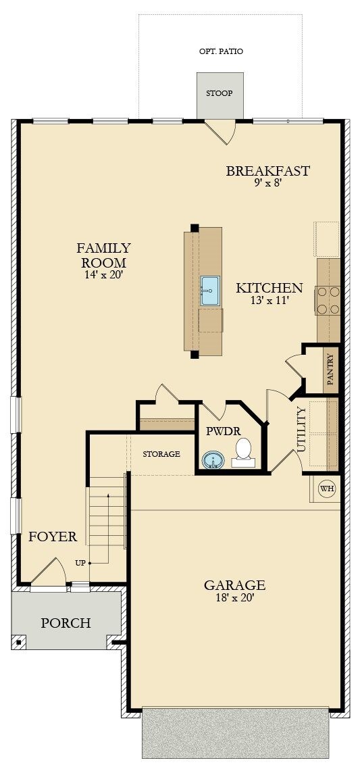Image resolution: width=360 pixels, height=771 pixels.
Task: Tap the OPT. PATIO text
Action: tap(221, 51)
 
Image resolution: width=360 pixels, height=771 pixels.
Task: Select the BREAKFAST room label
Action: tap(267, 171)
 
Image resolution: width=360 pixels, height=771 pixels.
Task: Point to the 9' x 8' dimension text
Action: tap(267, 182)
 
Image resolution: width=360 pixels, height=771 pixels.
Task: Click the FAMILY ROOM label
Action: tap(103, 255)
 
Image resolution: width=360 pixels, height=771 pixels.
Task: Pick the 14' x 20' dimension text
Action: tap(103, 275)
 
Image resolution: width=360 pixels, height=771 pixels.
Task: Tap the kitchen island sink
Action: tap(210, 291)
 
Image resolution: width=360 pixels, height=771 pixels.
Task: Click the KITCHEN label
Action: tap(269, 289)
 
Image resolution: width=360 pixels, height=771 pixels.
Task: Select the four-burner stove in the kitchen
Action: tap(328, 300)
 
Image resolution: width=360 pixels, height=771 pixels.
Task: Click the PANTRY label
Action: tap(330, 370)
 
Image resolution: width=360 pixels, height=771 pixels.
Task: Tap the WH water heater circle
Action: tap(327, 489)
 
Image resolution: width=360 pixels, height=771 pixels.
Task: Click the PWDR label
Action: tap(220, 430)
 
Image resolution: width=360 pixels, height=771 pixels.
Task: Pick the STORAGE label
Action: tap(161, 454)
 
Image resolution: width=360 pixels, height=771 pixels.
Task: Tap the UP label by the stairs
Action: tap(80, 562)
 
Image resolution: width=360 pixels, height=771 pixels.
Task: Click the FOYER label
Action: tap(53, 537)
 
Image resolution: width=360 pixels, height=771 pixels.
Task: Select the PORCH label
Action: tap(66, 623)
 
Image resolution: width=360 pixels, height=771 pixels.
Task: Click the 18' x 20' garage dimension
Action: tap(235, 597)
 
